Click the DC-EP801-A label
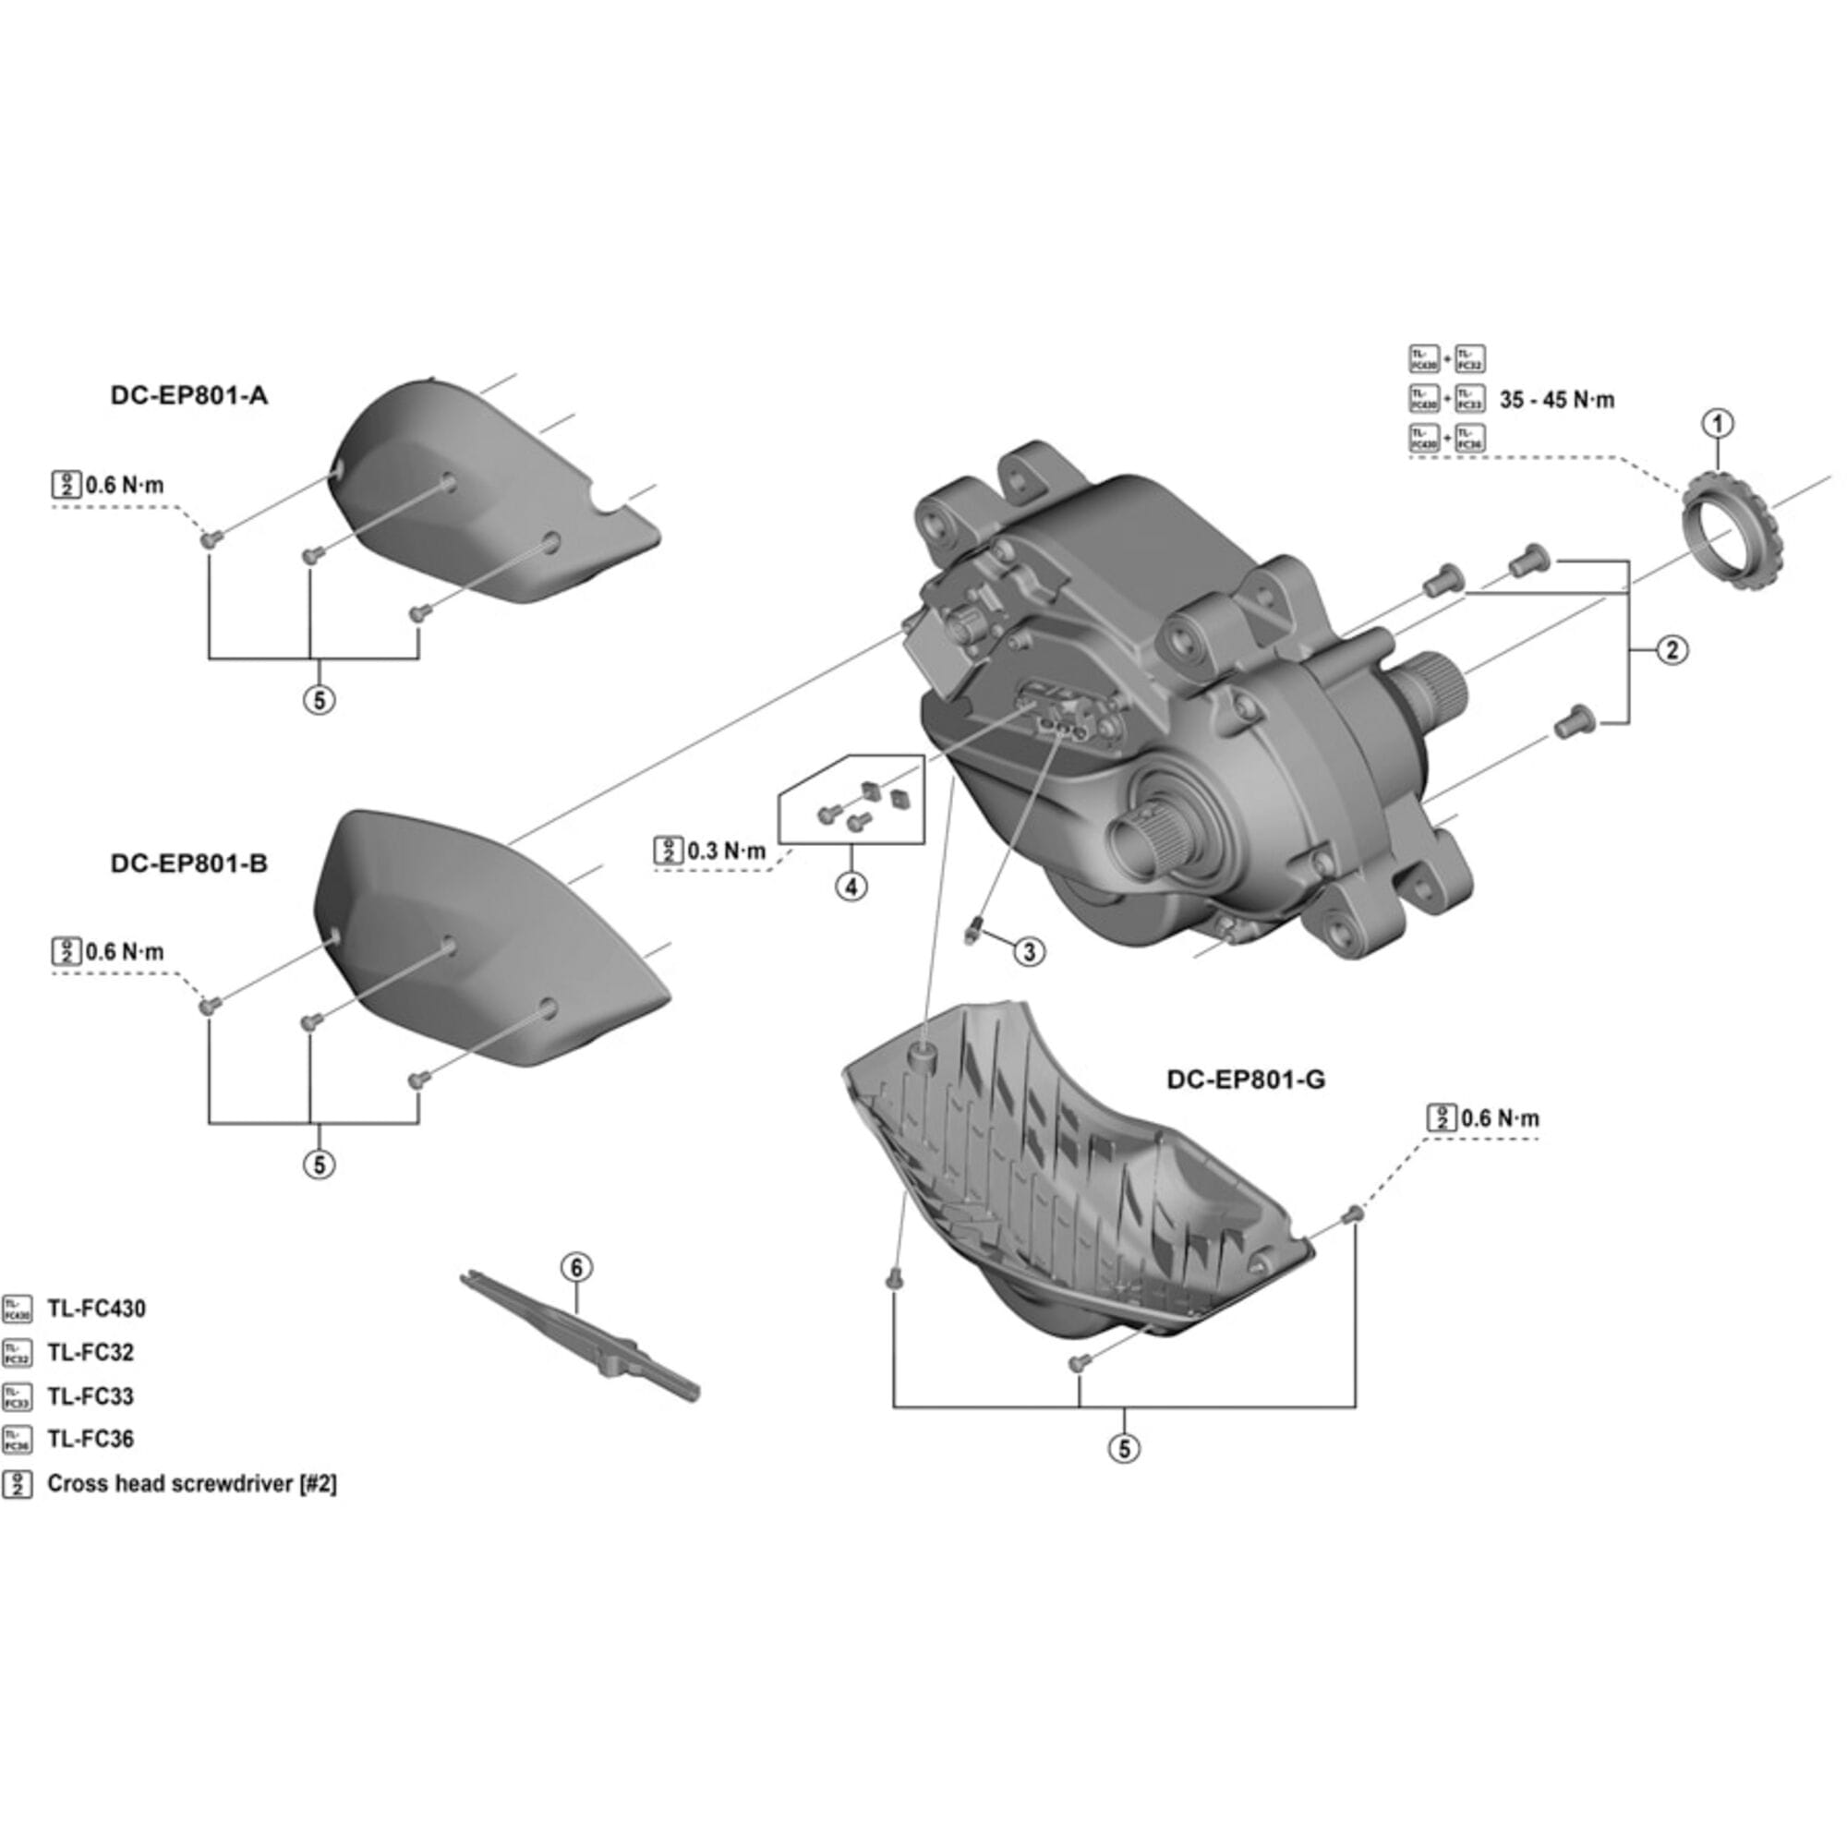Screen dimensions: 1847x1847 [x=188, y=395]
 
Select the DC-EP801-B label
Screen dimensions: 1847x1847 [x=188, y=863]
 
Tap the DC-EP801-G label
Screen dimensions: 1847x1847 [x=1245, y=1080]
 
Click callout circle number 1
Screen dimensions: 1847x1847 [x=1718, y=424]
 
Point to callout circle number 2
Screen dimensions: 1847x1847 [x=1672, y=650]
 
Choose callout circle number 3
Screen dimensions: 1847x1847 [x=1029, y=951]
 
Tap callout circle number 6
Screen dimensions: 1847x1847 [x=575, y=1269]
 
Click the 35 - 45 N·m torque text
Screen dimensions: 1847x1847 [x=1556, y=400]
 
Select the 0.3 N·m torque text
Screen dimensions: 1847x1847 [x=727, y=851]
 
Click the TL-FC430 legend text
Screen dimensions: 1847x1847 [x=97, y=1309]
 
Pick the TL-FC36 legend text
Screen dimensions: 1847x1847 [x=91, y=1439]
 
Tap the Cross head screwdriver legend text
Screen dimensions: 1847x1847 [x=191, y=1484]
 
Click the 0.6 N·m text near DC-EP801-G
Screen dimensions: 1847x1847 [x=1500, y=1117]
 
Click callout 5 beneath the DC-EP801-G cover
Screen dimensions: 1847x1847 [x=1124, y=1448]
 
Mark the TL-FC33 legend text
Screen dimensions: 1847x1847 [x=91, y=1395]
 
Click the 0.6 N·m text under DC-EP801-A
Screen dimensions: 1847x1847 [x=125, y=485]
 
